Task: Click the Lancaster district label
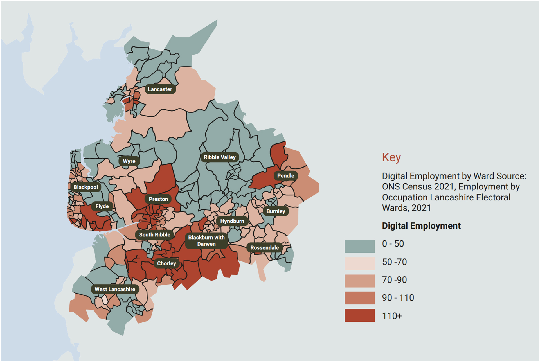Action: click(x=160, y=89)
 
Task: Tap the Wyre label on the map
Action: click(x=129, y=161)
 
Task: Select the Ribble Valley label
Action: click(x=220, y=157)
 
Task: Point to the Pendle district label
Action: click(x=285, y=176)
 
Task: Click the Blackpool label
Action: click(x=86, y=187)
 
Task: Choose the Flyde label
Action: click(x=102, y=206)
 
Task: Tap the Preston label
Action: click(x=158, y=199)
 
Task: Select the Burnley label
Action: click(x=276, y=211)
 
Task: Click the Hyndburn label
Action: click(x=232, y=221)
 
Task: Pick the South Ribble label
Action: click(x=155, y=234)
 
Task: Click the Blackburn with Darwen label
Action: click(x=206, y=241)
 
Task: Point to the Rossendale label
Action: click(x=264, y=248)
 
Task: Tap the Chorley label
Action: click(x=166, y=263)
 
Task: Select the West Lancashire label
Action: click(x=115, y=289)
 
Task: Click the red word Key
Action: click(x=391, y=157)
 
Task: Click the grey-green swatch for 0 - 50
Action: click(x=359, y=246)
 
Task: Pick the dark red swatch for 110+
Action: click(x=359, y=315)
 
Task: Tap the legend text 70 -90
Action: click(x=394, y=280)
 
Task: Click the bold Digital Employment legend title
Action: click(x=421, y=226)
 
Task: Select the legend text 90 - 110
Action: click(x=398, y=298)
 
